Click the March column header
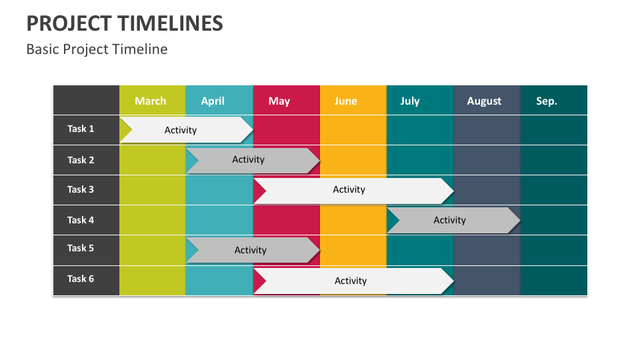[x=150, y=101]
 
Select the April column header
[x=213, y=101]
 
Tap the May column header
[x=279, y=101]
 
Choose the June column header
[x=345, y=101]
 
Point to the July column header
[x=410, y=101]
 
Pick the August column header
[x=484, y=101]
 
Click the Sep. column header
[x=547, y=101]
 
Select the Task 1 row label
[x=81, y=129]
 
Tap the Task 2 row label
[x=81, y=160]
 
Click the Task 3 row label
[x=81, y=189]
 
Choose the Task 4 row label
[x=81, y=219]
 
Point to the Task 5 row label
[x=81, y=248]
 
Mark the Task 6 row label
[x=81, y=279]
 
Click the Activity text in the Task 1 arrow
[x=181, y=130]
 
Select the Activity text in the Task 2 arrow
[x=248, y=159]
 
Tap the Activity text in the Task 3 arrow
[x=349, y=189]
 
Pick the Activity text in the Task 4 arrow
[x=449, y=220]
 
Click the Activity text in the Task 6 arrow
[x=351, y=281]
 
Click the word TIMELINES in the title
[x=170, y=24]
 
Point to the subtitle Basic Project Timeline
[x=97, y=49]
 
